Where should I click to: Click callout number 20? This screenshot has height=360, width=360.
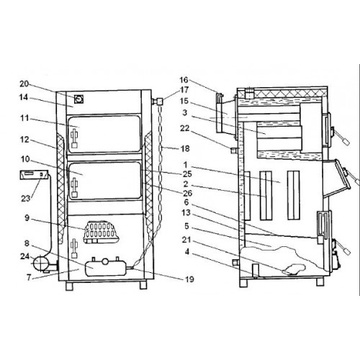pyautogui.click(x=24, y=84)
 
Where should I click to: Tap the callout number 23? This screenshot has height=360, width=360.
pyautogui.click(x=26, y=198)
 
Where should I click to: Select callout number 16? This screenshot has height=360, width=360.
pyautogui.click(x=184, y=80)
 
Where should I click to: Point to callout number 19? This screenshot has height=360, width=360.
pyautogui.click(x=189, y=279)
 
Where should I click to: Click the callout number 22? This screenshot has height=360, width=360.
pyautogui.click(x=185, y=128)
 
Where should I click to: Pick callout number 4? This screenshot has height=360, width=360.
pyautogui.click(x=187, y=252)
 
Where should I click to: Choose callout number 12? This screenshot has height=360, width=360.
pyautogui.click(x=24, y=140)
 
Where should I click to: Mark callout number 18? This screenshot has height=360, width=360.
pyautogui.click(x=185, y=148)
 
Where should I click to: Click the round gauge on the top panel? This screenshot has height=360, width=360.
pyautogui.click(x=78, y=99)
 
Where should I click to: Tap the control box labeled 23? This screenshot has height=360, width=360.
pyautogui.click(x=34, y=174)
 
